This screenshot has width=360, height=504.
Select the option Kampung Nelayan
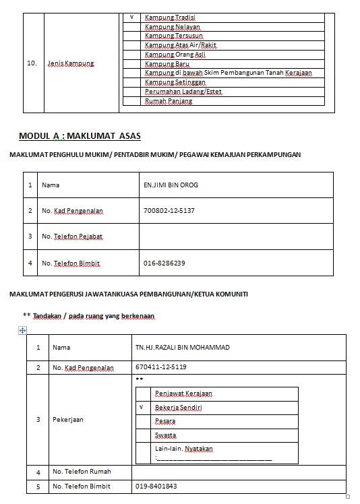pos(173,27)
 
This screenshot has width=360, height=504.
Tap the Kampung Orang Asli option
pos(175,55)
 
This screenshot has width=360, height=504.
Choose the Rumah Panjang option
pos(169,101)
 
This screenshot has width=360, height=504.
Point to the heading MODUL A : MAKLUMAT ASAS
pos(80,136)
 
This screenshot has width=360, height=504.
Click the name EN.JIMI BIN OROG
pos(171,185)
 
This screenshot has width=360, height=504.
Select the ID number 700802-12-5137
pos(169,211)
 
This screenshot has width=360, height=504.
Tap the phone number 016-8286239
pos(164,263)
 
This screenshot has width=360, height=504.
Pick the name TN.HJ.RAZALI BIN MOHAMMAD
pos(182,348)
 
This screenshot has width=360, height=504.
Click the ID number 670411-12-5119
pos(161,368)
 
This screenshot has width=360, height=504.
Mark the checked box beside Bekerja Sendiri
pos(142,408)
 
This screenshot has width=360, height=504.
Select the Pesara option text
pos(165,421)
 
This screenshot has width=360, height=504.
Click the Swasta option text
pos(166,435)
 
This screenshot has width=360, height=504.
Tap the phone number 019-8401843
pos(156,486)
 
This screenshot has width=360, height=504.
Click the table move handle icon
pos(22,330)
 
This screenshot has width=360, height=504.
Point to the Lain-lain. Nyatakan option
pos(184,449)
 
